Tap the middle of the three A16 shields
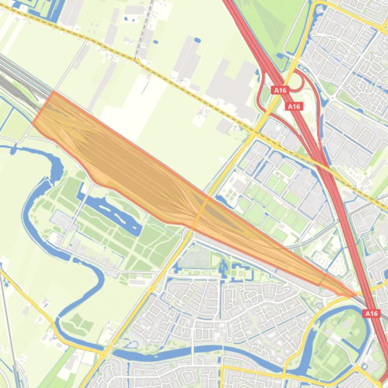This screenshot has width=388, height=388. point(294,106)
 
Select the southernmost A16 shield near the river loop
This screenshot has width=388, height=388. point(371,313)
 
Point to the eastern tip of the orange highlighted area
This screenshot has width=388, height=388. point(356,295)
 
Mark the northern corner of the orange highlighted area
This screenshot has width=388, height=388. point(53,92)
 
